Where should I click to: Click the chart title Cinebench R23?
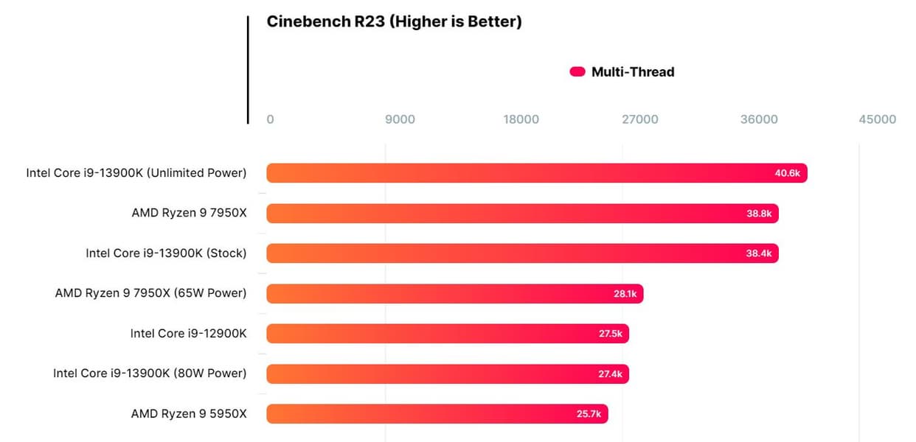pyautogui.click(x=394, y=22)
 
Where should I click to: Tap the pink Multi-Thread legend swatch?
pyautogui.click(x=577, y=71)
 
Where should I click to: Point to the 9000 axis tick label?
pyautogui.click(x=400, y=119)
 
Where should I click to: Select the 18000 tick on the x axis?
pyautogui.click(x=521, y=119)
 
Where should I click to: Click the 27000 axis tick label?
pyautogui.click(x=640, y=119)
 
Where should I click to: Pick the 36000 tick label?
pyautogui.click(x=759, y=119)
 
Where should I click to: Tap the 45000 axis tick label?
pyautogui.click(x=878, y=119)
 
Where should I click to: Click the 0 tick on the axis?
pyautogui.click(x=270, y=119)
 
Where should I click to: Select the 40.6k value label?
pyautogui.click(x=787, y=173)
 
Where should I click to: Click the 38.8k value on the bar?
pyautogui.click(x=759, y=214)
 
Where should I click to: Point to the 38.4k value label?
pyautogui.click(x=759, y=253)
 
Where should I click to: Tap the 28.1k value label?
pyautogui.click(x=625, y=294)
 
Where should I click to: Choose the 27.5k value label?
pyautogui.click(x=611, y=334)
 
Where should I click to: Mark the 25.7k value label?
pyautogui.click(x=589, y=414)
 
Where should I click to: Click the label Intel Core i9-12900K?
pyautogui.click(x=188, y=334)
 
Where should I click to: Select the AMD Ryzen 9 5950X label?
pyautogui.click(x=189, y=414)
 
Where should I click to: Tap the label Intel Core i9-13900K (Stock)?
pyautogui.click(x=166, y=253)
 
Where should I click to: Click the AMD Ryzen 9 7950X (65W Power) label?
pyautogui.click(x=150, y=294)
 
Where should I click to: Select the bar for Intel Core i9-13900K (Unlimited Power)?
pyautogui.click(x=516, y=173)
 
